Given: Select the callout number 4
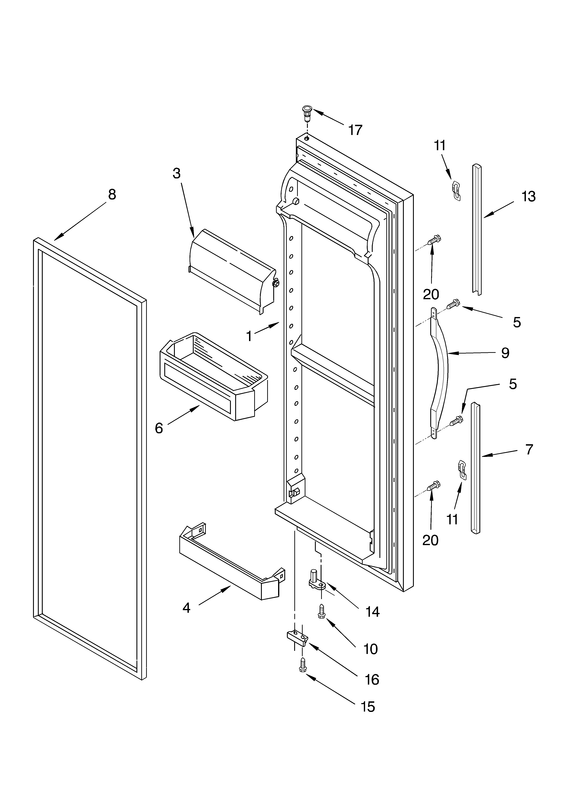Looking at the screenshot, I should click(x=186, y=607).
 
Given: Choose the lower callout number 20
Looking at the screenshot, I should click(x=430, y=540).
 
